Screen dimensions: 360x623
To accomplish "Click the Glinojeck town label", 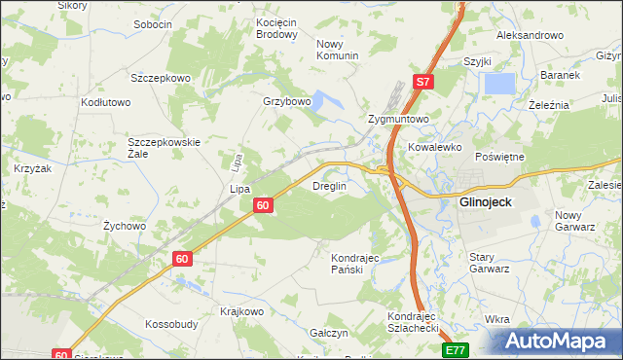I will point(494,203).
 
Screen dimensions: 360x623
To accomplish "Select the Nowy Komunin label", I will point(338,50).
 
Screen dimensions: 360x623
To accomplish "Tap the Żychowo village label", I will point(124,226).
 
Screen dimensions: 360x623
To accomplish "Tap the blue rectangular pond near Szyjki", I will point(500,84).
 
